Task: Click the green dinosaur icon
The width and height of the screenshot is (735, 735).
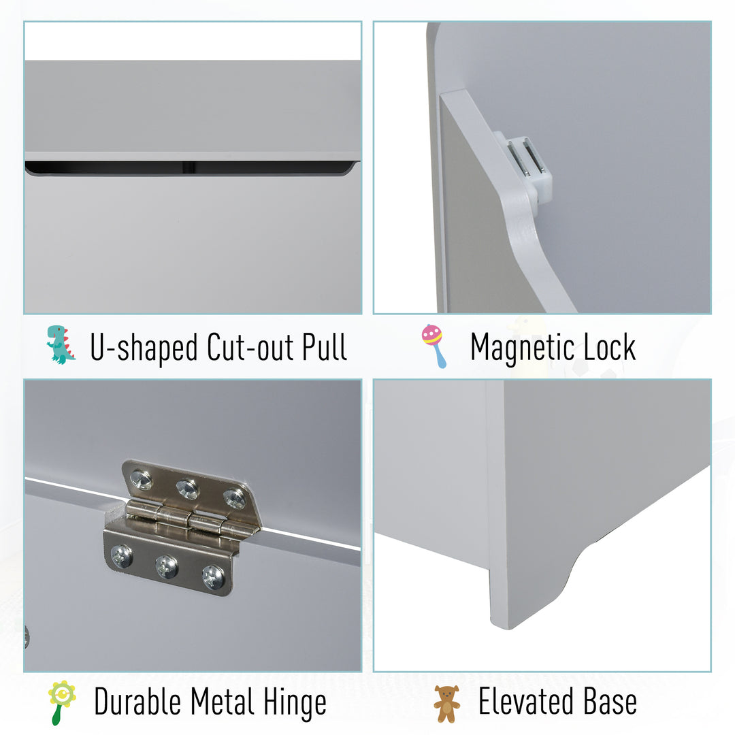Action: pos(61,344)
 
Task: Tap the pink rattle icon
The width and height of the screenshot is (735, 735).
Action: pos(434,346)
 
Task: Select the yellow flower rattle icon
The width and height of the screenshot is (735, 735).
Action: pos(61,702)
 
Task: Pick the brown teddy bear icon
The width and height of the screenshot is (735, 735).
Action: pos(446,704)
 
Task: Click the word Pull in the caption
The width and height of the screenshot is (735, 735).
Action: pos(325,347)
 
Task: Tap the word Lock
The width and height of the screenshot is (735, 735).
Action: pos(609,347)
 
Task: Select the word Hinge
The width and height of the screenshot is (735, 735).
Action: pos(295,702)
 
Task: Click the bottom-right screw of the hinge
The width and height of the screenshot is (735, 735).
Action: pos(213,576)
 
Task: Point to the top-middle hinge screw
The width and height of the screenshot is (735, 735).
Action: pos(188,488)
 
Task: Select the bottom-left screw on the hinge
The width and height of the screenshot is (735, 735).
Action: pos(122,556)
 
